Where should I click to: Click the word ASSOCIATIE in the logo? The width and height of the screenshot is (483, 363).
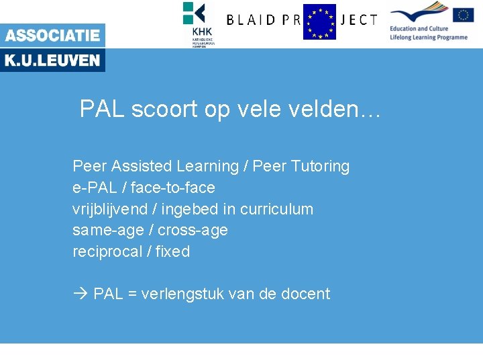point(52,36)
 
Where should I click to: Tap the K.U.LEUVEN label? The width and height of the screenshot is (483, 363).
point(52,61)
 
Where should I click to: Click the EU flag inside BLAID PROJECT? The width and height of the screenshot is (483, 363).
point(319,22)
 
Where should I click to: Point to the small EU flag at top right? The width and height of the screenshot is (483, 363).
point(463,15)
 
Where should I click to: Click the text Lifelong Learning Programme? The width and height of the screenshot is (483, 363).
point(428,38)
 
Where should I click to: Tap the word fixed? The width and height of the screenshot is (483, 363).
point(173,252)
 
